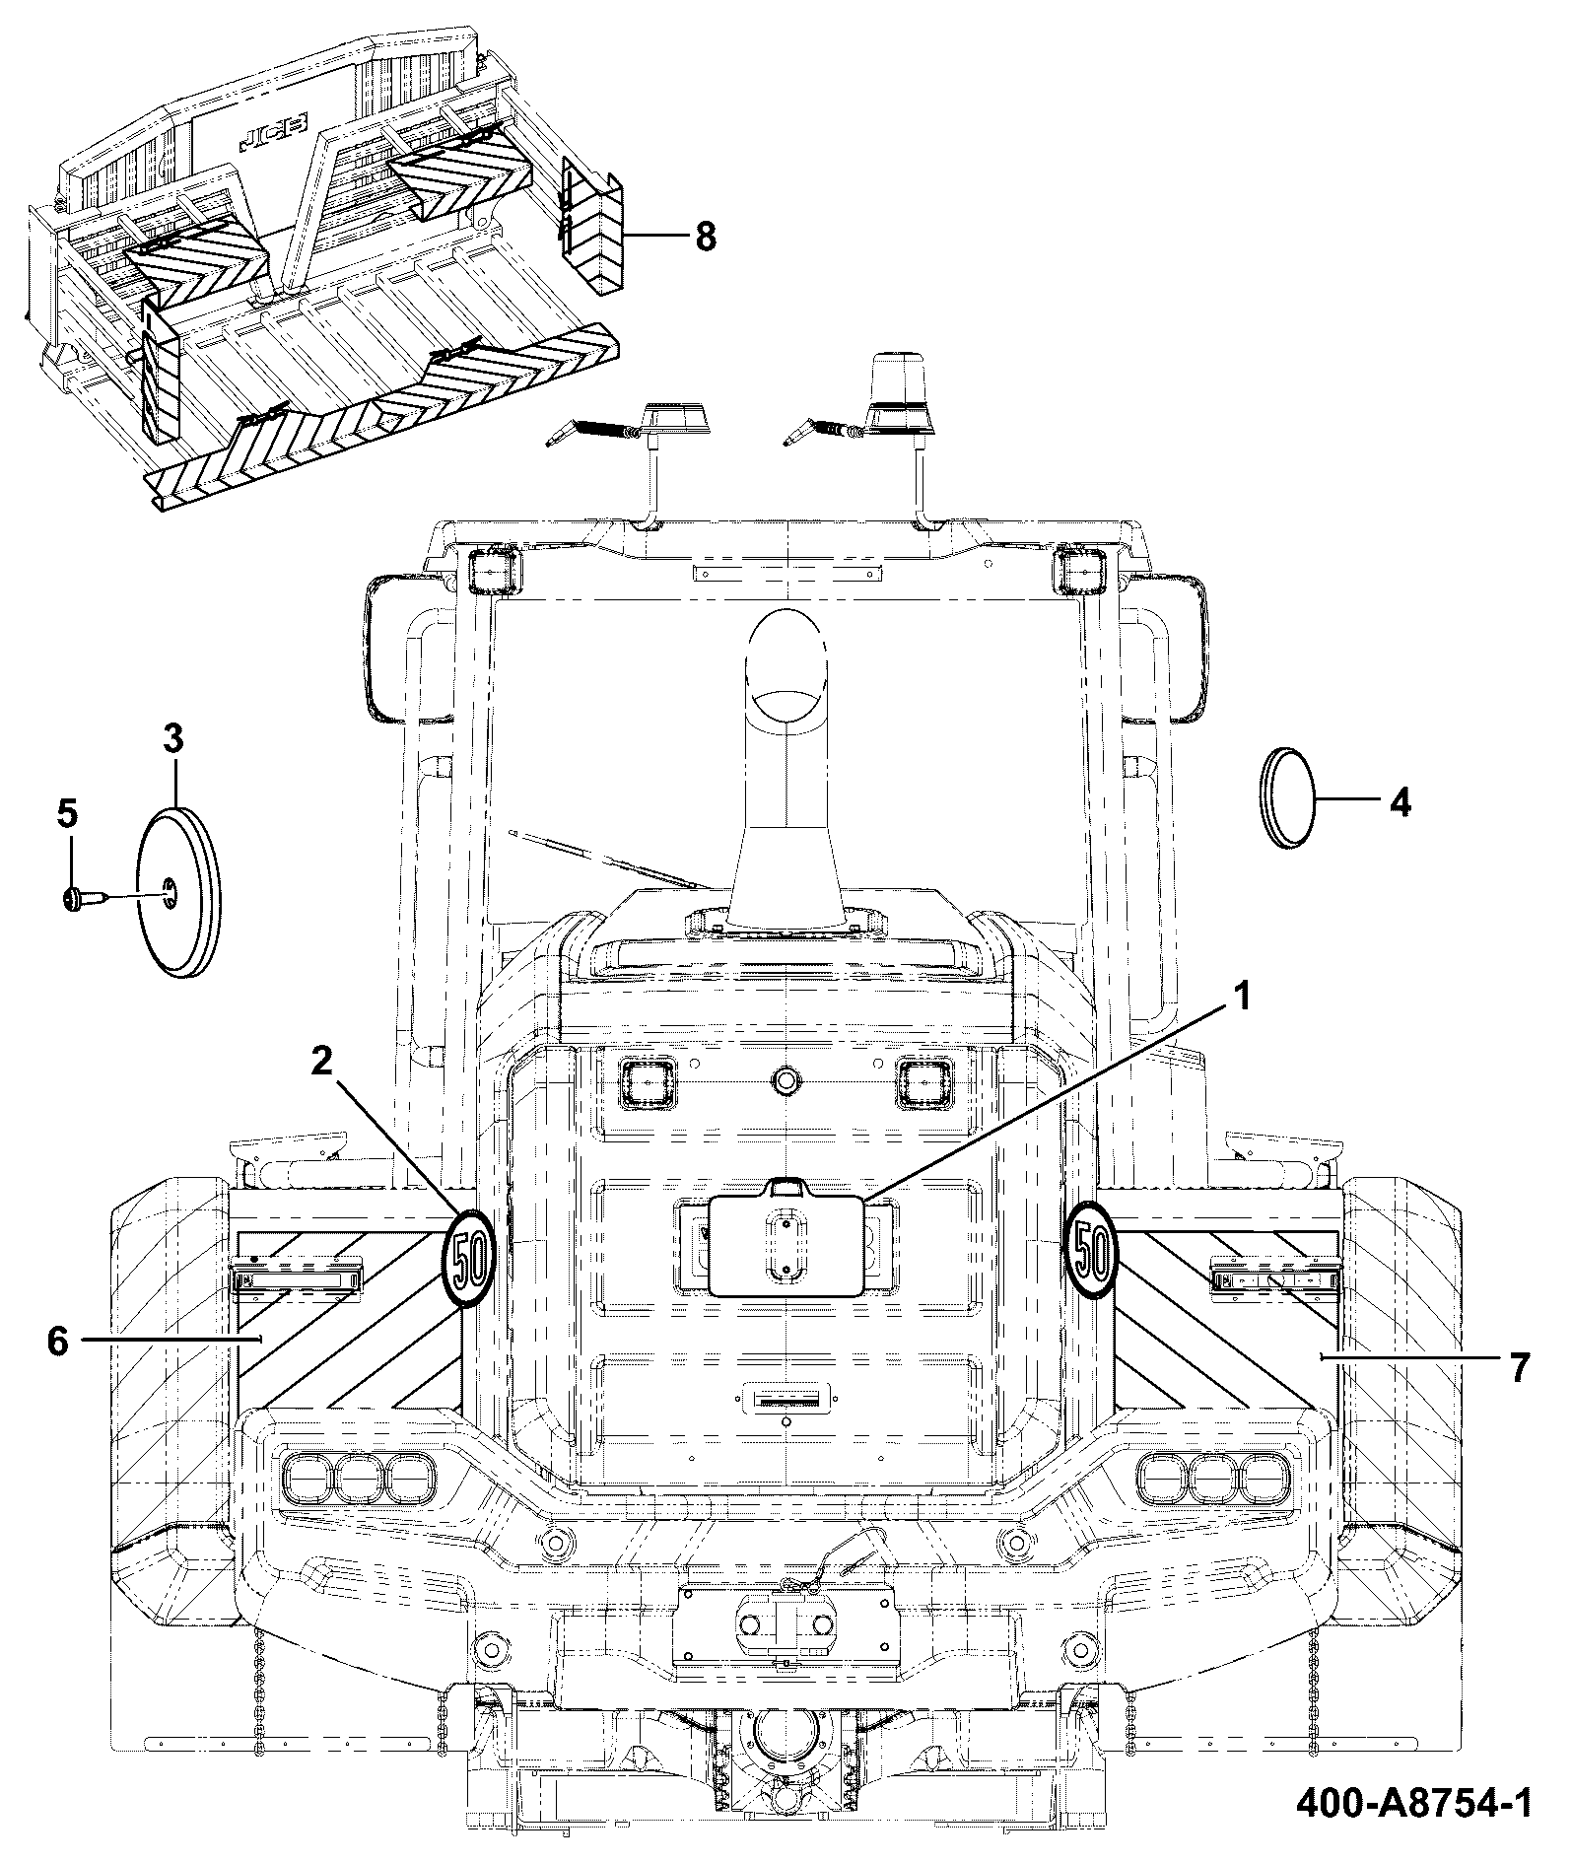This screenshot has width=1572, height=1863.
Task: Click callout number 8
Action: tap(706, 237)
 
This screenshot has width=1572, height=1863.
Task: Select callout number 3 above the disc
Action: tap(173, 738)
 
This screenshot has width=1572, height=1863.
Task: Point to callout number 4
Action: tap(1400, 802)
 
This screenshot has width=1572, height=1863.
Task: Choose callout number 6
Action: tap(57, 1341)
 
